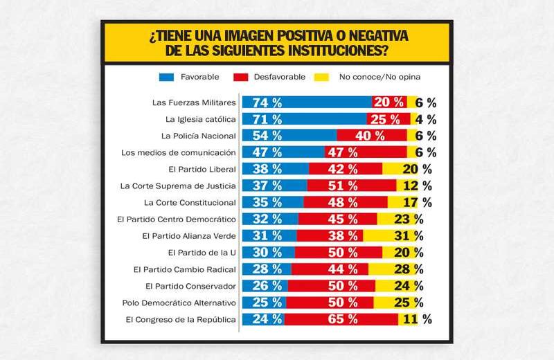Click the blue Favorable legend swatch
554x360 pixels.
pos(166,77)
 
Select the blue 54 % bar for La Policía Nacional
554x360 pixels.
pos(288,136)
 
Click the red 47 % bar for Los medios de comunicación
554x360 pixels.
pos(366,152)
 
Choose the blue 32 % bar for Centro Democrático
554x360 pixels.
pos(269,219)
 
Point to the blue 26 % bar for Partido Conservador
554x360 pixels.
pos(264,286)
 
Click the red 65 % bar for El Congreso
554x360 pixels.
pos(341,319)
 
